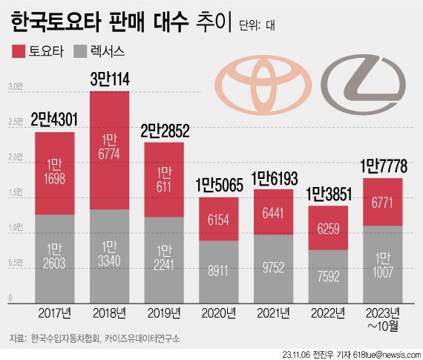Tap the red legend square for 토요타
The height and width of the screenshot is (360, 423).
click(x=19, y=51)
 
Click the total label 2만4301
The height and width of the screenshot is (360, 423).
click(x=53, y=119)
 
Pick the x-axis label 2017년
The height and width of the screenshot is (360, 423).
click(x=53, y=314)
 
